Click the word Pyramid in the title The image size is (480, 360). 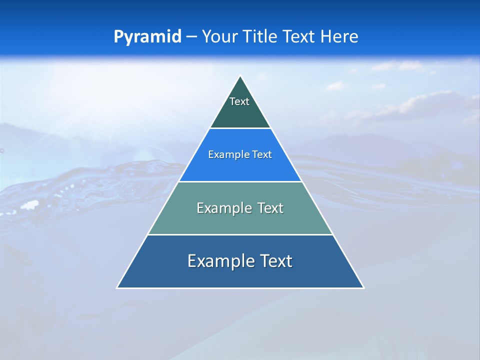(x=147, y=37)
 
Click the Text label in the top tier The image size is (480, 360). (x=239, y=101)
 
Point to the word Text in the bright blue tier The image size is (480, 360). (x=262, y=154)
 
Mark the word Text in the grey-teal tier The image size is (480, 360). (x=270, y=208)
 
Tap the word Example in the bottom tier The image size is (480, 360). (x=219, y=261)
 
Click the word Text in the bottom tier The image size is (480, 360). (x=274, y=261)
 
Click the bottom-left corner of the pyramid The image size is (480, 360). (x=117, y=287)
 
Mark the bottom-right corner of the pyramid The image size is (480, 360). (x=363, y=287)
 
